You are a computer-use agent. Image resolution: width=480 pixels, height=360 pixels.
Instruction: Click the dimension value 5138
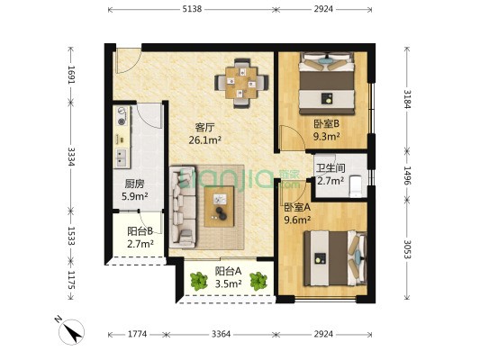192,9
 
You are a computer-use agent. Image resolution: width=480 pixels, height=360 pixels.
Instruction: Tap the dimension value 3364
221,334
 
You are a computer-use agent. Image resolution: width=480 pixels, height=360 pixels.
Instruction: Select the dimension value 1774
138,334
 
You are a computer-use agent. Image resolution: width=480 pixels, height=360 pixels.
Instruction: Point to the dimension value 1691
71,75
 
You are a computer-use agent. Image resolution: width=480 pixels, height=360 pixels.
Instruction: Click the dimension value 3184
407,99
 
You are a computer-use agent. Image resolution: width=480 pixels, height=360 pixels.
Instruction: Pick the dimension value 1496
407,175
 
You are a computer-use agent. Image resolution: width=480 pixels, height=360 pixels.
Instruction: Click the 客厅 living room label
204,127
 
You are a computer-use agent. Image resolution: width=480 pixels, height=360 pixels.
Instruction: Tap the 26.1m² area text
204,140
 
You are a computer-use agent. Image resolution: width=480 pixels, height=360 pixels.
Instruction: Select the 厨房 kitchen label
134,184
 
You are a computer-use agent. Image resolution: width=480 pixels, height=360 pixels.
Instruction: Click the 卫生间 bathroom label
331,167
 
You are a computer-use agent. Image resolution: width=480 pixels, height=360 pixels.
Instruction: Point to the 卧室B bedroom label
327,124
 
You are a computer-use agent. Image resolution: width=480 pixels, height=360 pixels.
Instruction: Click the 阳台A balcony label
229,271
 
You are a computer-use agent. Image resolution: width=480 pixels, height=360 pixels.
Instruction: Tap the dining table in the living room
241,83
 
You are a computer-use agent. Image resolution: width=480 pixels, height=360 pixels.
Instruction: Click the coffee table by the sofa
219,206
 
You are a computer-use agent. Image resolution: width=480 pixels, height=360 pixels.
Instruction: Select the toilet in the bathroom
356,185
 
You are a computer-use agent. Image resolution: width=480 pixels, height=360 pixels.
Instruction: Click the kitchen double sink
122,157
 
